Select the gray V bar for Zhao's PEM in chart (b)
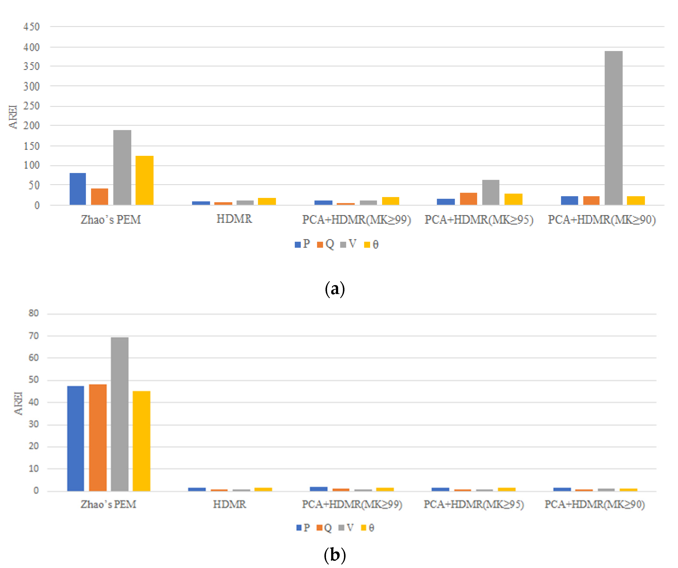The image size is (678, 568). (120, 414)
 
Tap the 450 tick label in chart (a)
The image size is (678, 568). (31, 27)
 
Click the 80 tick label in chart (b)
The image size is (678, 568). (34, 313)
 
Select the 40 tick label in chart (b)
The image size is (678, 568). (34, 403)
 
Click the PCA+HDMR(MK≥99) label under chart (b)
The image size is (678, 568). (352, 504)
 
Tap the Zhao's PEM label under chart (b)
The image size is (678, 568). (108, 504)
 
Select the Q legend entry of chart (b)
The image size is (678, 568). (324, 528)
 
